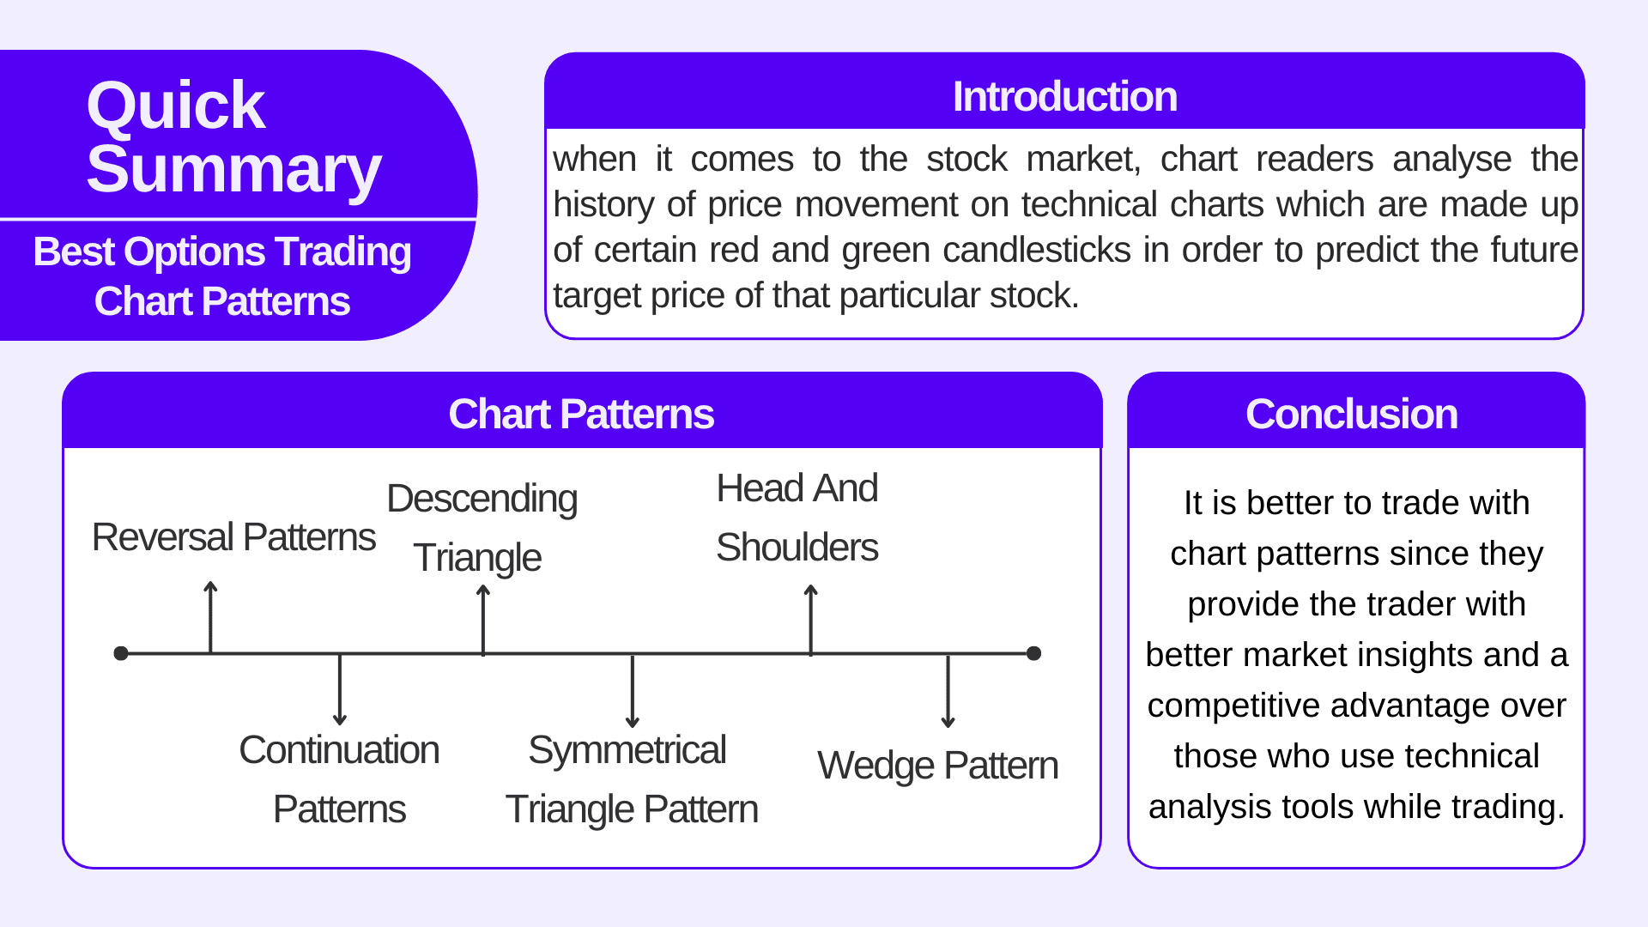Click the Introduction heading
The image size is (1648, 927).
[1064, 97]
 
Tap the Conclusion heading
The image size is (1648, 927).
[1351, 415]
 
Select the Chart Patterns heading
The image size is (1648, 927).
[581, 415]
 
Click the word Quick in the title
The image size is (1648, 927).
[175, 106]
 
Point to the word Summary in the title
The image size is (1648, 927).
[233, 170]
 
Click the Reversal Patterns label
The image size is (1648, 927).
[233, 538]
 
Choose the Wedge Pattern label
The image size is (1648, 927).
[937, 766]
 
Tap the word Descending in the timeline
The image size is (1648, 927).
[482, 500]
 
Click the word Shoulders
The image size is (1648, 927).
[797, 548]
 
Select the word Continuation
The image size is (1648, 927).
[339, 751]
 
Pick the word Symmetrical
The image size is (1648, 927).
[627, 751]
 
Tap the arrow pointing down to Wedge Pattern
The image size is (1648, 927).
[948, 691]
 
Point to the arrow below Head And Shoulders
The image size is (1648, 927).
[810, 618]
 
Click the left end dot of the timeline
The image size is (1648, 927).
[121, 653]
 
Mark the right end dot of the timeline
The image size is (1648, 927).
[1033, 653]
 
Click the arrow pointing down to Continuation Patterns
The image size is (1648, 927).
[340, 689]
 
